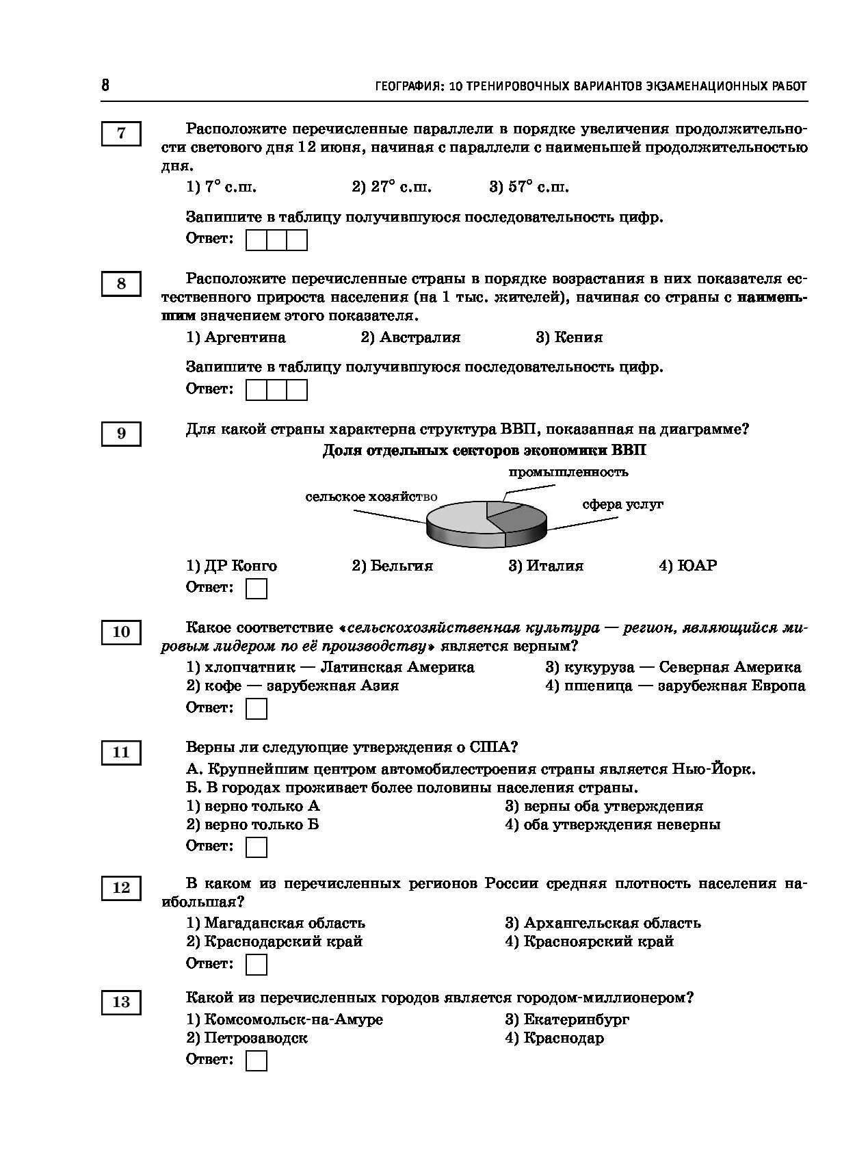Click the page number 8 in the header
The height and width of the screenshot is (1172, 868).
pos(105,85)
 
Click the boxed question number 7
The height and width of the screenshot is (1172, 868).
pos(121,133)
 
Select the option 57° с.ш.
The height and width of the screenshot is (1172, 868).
pos(529,187)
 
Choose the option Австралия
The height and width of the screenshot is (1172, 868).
pos(410,337)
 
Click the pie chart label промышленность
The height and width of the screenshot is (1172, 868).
pos(568,472)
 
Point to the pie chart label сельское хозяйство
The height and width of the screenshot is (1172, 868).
pos(371,497)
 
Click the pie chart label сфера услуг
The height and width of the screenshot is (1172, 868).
pos(622,505)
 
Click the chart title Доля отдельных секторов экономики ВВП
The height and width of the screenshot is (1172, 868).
pos(484,451)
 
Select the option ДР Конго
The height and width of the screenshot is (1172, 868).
pos(232,566)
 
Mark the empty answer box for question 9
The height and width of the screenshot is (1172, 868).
pos(256,588)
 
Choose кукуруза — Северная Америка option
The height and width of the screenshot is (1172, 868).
pos(673,667)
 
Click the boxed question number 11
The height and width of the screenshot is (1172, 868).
pos(121,753)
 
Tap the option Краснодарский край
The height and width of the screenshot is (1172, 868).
pos(274,941)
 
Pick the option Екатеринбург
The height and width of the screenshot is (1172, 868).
pos(567,1019)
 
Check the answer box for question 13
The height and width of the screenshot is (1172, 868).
pos(256,1060)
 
